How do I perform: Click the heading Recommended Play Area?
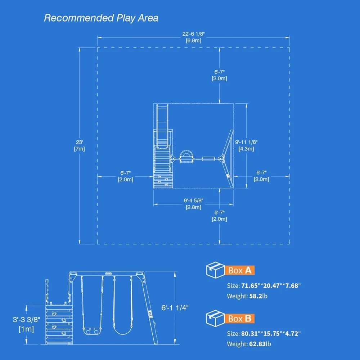tap(101, 18)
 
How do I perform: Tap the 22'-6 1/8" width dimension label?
tap(193, 34)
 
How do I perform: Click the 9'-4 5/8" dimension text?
tap(193, 201)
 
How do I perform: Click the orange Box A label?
tap(240, 270)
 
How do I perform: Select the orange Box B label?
tap(240, 318)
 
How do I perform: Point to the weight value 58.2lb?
tap(257, 296)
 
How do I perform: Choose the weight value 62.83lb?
tap(258, 344)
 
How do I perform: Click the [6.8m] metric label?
tap(193, 40)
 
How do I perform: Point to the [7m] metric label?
tap(79, 149)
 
